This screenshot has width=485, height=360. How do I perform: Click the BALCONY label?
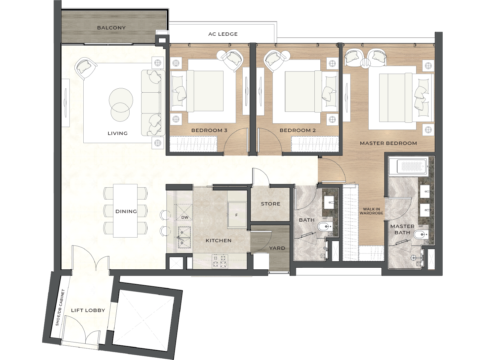click(111, 28)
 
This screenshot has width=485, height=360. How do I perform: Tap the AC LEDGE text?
click(223, 34)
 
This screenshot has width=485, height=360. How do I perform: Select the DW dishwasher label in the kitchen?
click(185, 217)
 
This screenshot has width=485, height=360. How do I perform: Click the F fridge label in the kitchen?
click(236, 215)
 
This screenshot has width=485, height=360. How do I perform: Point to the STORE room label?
click(270, 204)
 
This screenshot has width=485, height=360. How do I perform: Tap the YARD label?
click(277, 248)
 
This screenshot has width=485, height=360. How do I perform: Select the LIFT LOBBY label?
click(88, 310)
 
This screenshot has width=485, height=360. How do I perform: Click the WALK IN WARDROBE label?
click(372, 211)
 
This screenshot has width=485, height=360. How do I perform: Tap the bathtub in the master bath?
click(408, 166)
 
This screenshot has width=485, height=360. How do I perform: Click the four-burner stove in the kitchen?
click(220, 261)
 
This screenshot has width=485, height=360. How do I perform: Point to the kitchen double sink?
click(184, 238)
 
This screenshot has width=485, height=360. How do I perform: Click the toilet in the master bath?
click(420, 235)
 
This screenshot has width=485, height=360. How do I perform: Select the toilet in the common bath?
click(325, 227)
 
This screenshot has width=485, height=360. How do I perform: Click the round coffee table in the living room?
click(121, 105)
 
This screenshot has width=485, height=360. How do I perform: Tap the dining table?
click(125, 211)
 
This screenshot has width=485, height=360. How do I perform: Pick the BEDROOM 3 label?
click(209, 130)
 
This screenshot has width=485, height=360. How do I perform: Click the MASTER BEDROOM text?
click(388, 143)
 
